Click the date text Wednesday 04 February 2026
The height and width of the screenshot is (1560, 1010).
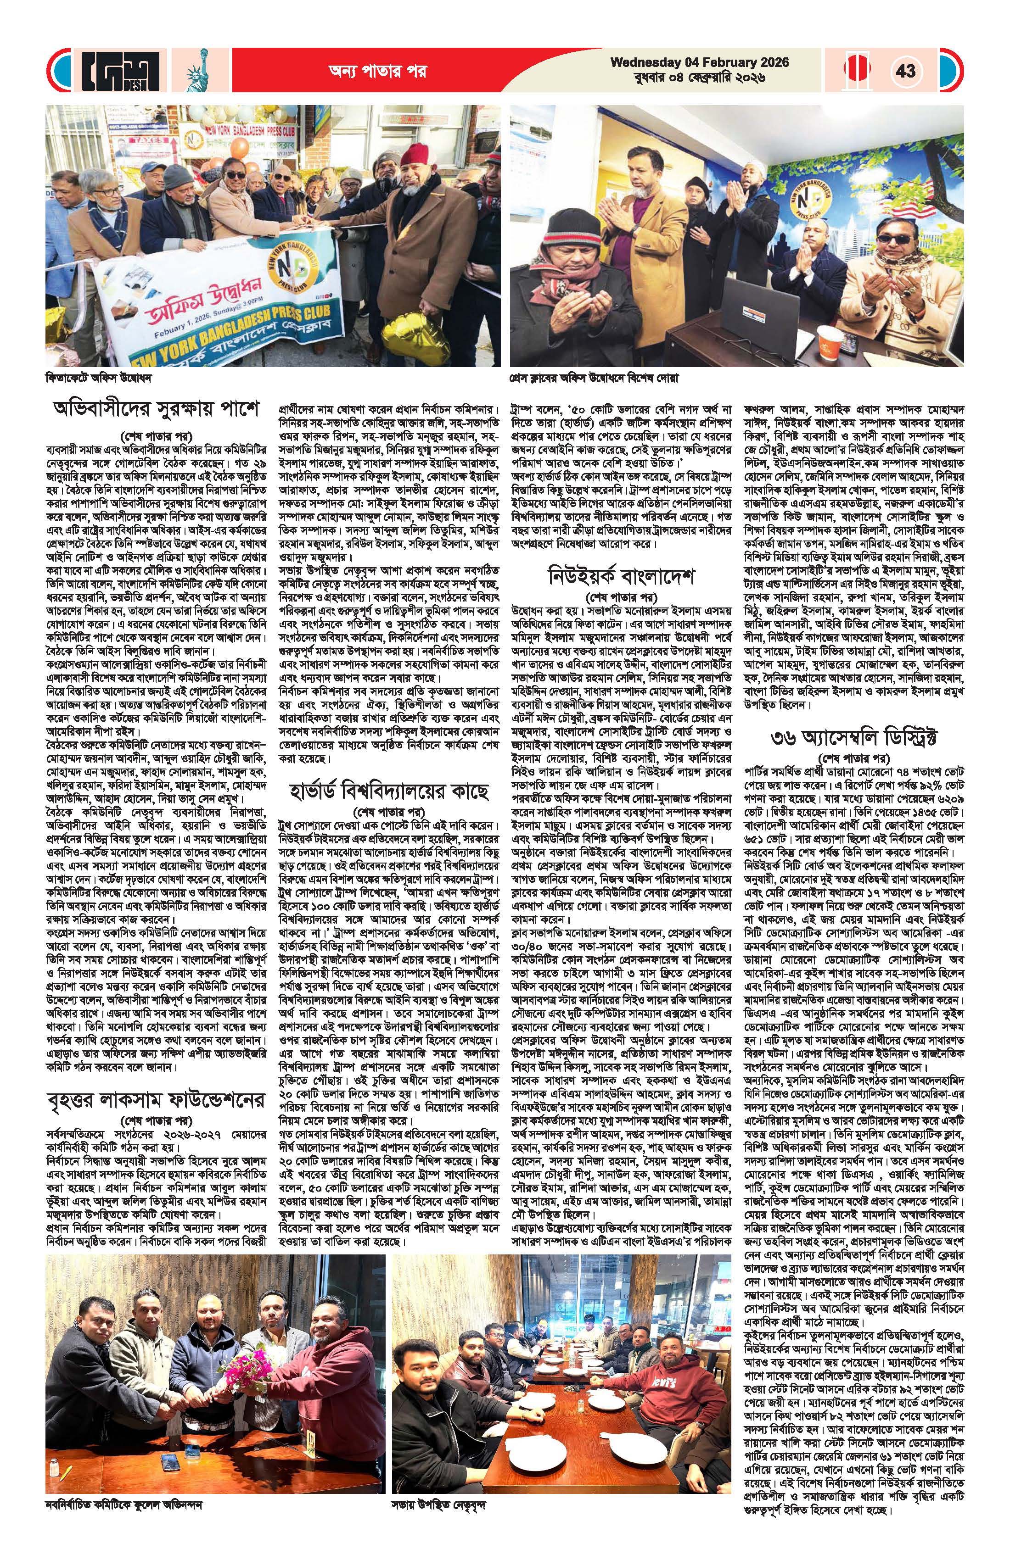(700, 62)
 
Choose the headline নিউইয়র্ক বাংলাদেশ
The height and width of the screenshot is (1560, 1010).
(621, 578)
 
